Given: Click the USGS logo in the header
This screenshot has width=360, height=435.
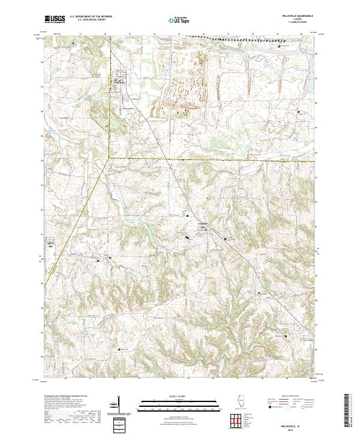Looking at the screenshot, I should tap(55, 19).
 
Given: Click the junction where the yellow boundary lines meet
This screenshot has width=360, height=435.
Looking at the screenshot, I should tap(109, 157).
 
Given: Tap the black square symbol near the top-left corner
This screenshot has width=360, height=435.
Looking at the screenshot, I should tap(73, 44).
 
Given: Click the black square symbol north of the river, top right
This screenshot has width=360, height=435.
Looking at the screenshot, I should tap(280, 45).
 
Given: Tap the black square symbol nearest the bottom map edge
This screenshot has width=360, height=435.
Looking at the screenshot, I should tap(119, 350).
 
